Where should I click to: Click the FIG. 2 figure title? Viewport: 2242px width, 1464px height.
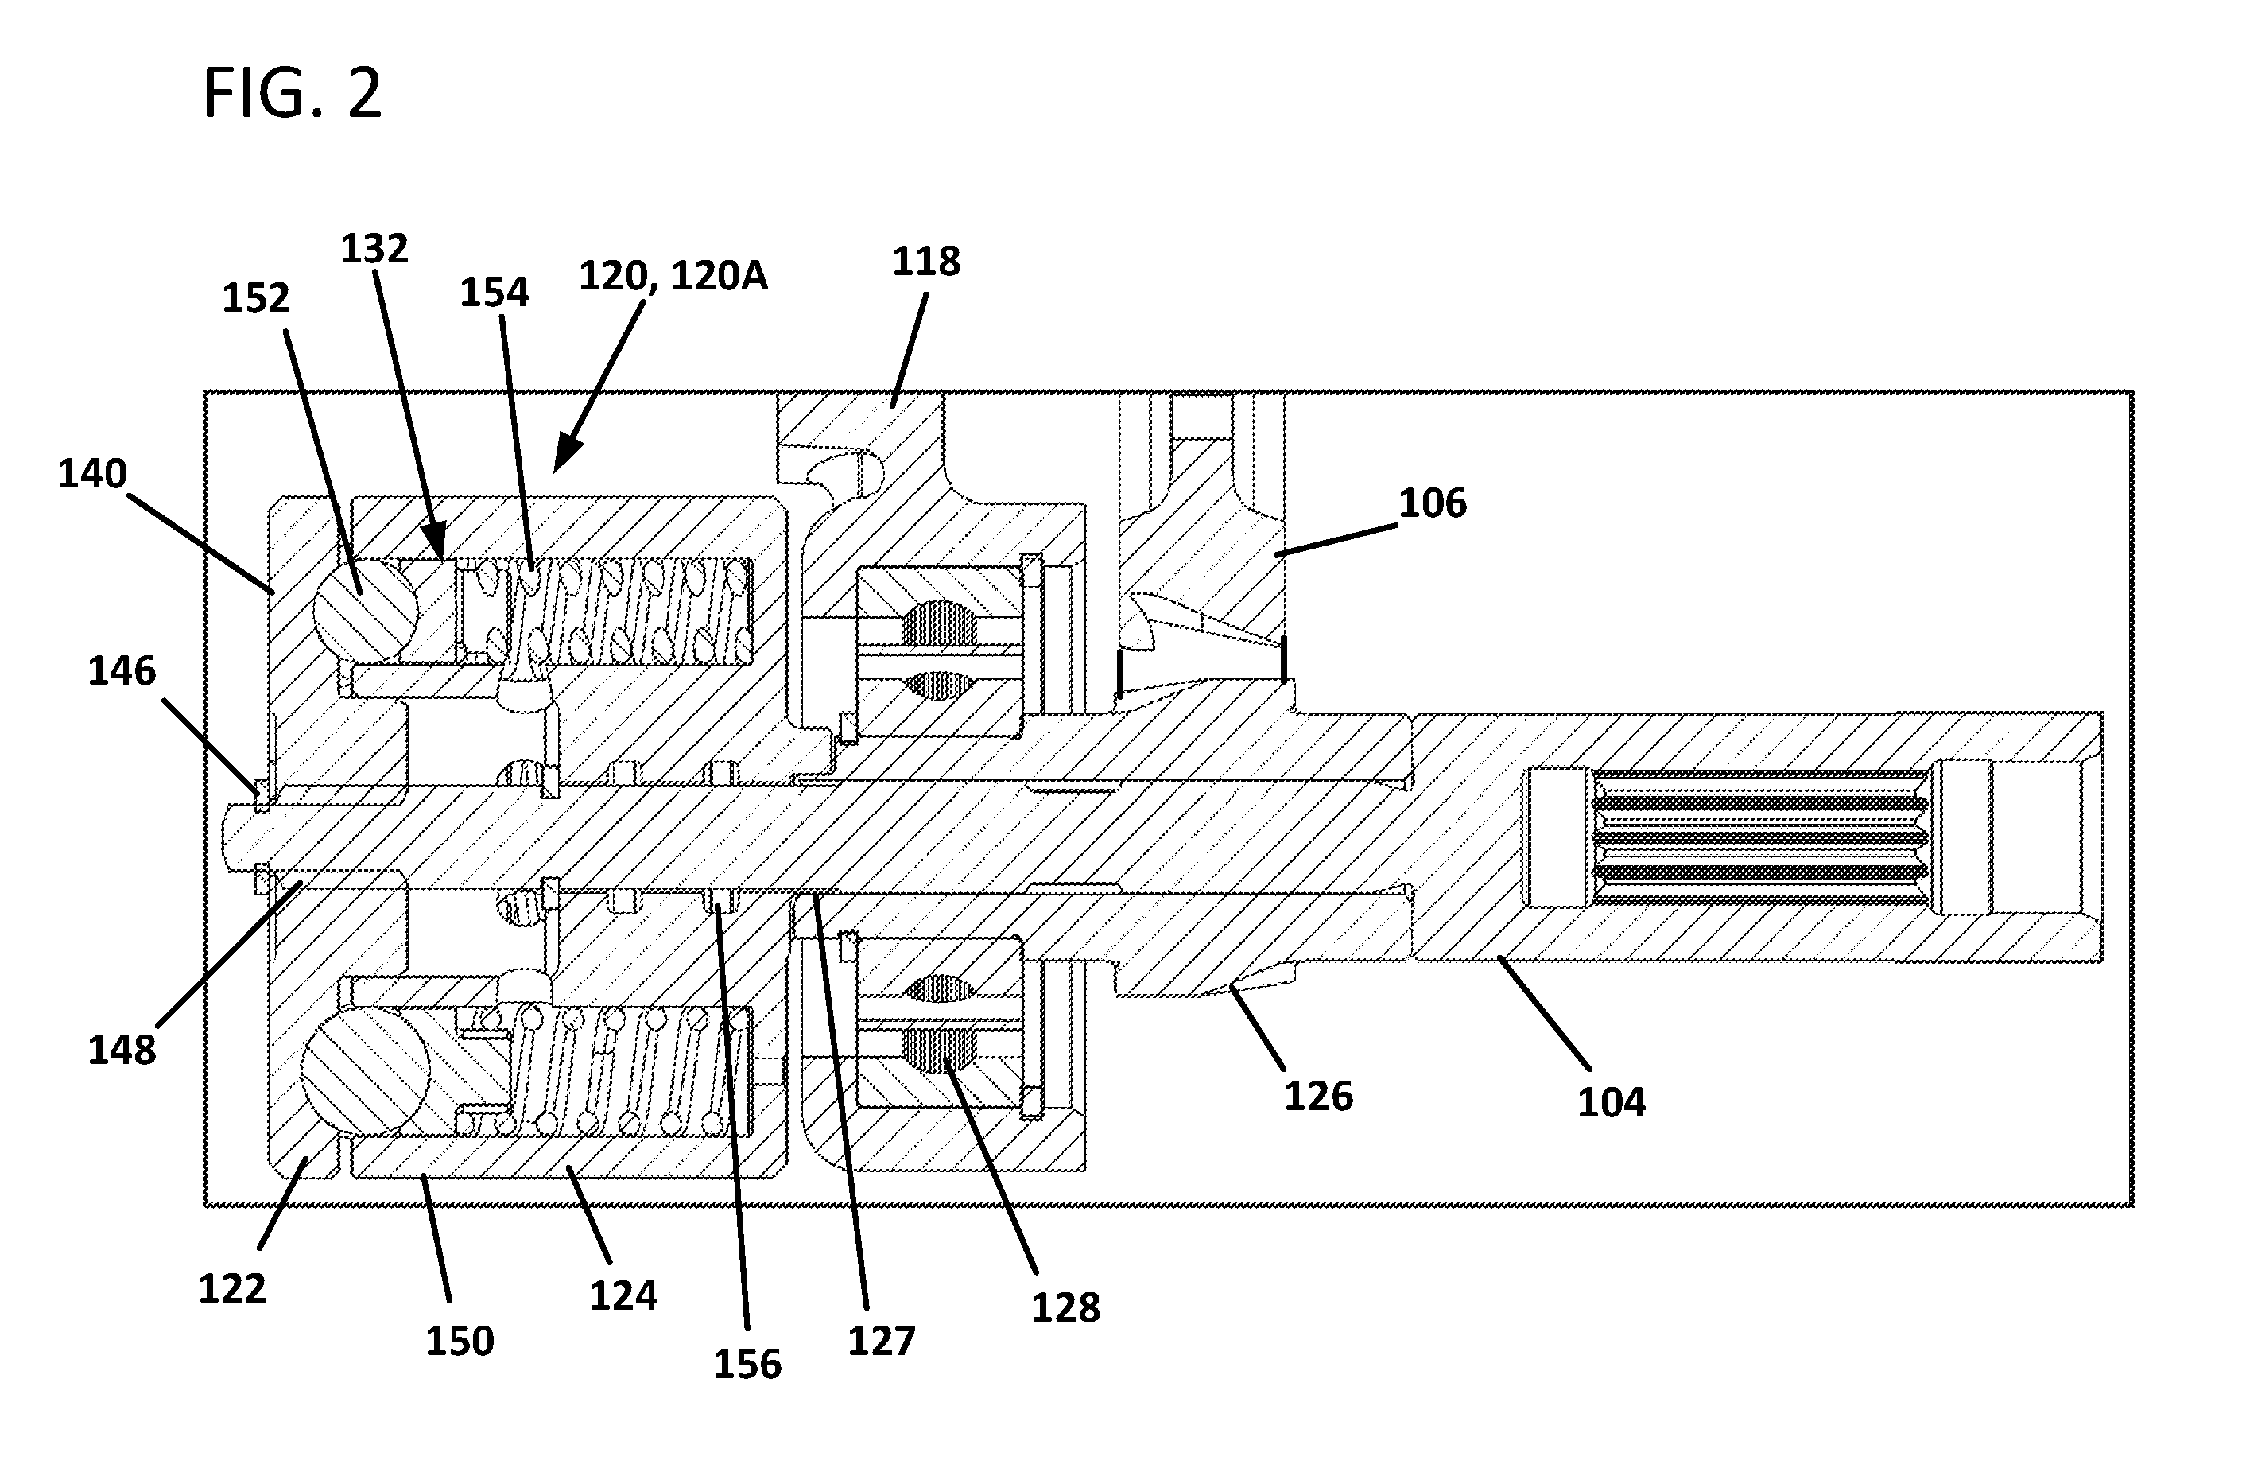point(292,93)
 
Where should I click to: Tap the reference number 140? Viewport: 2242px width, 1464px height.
point(92,473)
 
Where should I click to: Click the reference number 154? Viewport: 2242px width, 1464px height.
point(494,292)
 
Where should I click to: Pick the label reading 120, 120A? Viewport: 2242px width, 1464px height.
point(673,276)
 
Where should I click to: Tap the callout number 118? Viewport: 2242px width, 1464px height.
point(926,261)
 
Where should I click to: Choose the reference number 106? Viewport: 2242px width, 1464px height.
point(1432,503)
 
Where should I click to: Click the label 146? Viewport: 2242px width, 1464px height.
point(122,672)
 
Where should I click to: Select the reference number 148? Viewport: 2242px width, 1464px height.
point(122,1050)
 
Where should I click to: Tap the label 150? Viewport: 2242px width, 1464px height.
point(460,1342)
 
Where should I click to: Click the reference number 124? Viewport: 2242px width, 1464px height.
point(623,1296)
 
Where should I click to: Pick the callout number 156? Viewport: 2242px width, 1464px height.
point(747,1364)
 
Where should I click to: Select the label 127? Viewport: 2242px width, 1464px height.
point(882,1342)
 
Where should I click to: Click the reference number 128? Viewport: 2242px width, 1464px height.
point(1065,1307)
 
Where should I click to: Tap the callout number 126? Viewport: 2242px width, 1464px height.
point(1319,1097)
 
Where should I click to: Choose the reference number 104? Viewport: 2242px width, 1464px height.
point(1612,1102)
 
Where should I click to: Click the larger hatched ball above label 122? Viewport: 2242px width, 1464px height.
point(365,1071)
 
